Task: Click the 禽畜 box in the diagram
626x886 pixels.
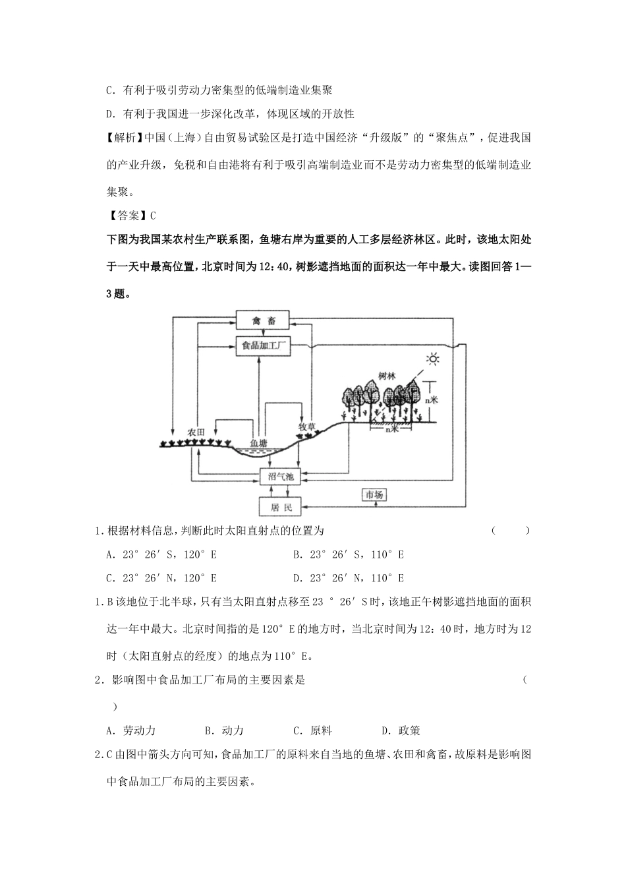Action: pyautogui.click(x=263, y=321)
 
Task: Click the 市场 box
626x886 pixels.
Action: pyautogui.click(x=374, y=494)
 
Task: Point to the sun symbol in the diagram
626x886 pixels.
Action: pyautogui.click(x=432, y=359)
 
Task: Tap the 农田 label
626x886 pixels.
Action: pyautogui.click(x=196, y=432)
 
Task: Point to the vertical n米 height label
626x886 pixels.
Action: pyautogui.click(x=431, y=399)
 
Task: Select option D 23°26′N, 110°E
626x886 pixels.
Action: pyautogui.click(x=348, y=577)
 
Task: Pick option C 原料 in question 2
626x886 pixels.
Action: pyautogui.click(x=312, y=730)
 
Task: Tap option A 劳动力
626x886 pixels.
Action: pyautogui.click(x=130, y=730)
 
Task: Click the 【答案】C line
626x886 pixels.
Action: pyautogui.click(x=131, y=216)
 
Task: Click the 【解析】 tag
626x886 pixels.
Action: pyautogui.click(x=124, y=138)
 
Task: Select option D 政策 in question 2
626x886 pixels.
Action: pyautogui.click(x=401, y=730)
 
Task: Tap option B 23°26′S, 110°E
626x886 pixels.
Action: pyautogui.click(x=348, y=554)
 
